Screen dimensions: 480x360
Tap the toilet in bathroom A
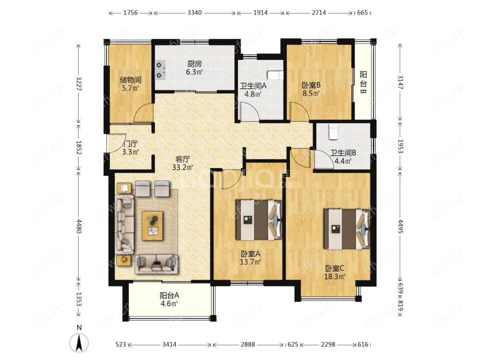(275, 75)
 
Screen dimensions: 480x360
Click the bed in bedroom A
(258, 219)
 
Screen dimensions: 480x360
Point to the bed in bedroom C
(347, 228)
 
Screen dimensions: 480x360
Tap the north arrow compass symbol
(79, 342)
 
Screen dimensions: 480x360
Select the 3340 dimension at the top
(194, 13)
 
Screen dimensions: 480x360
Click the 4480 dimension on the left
(79, 226)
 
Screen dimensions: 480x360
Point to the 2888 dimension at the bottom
(248, 344)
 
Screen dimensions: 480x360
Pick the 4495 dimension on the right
(400, 226)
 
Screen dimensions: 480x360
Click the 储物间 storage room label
(131, 80)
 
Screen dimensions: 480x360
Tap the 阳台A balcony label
(169, 295)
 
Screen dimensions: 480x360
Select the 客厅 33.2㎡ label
(183, 163)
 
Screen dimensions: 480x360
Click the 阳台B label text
(363, 83)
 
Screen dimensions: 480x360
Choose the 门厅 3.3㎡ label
(131, 147)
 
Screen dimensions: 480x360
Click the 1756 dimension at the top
(131, 13)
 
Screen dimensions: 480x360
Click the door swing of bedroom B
(300, 111)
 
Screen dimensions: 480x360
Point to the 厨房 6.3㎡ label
(195, 68)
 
